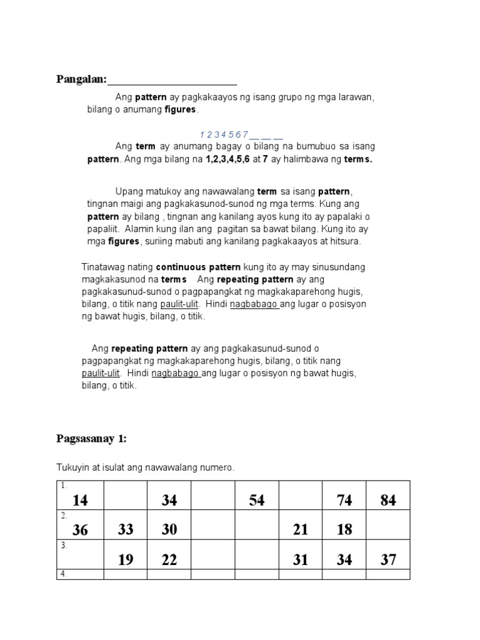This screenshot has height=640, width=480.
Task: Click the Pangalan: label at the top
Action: (x=82, y=79)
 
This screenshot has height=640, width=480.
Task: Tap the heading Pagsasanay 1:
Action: (x=91, y=439)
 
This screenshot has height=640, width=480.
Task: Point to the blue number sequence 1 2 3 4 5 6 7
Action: (x=224, y=134)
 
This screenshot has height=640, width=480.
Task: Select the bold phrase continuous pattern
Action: (x=193, y=267)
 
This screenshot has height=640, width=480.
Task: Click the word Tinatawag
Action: (x=103, y=267)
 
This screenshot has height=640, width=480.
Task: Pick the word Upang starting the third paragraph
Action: (x=129, y=191)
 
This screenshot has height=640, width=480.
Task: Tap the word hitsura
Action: (x=344, y=241)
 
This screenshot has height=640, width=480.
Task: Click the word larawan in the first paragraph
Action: (x=356, y=97)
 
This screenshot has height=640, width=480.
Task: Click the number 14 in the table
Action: (x=80, y=500)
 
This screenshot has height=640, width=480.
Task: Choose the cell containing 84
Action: (x=388, y=500)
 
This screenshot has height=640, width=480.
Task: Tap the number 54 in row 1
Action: (x=257, y=500)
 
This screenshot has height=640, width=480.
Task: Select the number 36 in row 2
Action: (x=80, y=530)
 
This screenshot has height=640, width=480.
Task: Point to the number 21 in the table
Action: (x=301, y=529)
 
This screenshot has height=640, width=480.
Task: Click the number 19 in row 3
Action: (x=126, y=560)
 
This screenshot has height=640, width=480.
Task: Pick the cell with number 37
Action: (x=388, y=560)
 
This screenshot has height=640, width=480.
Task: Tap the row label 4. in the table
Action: (x=63, y=574)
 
